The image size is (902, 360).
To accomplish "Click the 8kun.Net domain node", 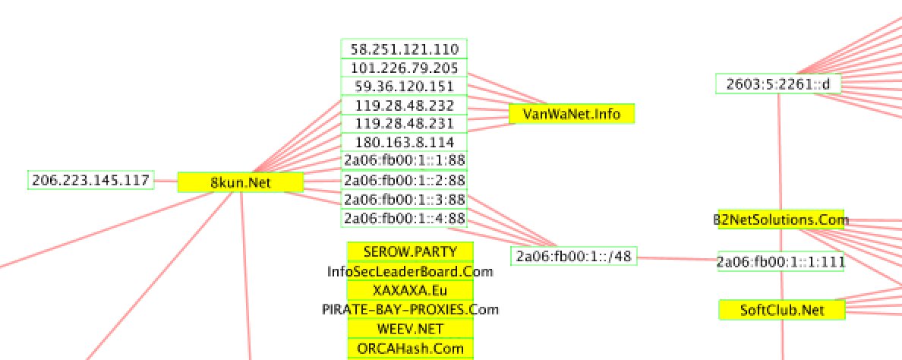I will click(x=241, y=182).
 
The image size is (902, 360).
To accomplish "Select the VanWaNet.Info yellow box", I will click(x=571, y=115).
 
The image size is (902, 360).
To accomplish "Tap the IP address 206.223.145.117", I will click(x=90, y=180).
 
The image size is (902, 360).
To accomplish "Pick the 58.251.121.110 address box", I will click(x=404, y=49).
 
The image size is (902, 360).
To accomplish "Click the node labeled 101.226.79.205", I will click(x=404, y=68).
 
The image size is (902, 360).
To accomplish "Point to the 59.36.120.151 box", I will click(x=404, y=87).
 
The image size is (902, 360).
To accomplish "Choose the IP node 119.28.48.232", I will click(x=404, y=106).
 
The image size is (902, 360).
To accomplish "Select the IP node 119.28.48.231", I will click(x=404, y=124).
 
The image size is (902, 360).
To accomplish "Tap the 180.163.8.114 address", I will click(x=404, y=142).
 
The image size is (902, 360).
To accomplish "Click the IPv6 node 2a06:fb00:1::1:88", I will click(x=404, y=160).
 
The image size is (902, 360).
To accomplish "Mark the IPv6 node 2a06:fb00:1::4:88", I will click(x=404, y=219).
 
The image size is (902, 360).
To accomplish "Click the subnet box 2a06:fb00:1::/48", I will click(x=573, y=256).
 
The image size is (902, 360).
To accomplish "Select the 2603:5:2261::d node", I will click(x=778, y=84).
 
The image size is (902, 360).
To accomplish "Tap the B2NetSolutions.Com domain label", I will click(x=781, y=220).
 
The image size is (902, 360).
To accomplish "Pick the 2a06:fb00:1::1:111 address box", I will click(x=781, y=262).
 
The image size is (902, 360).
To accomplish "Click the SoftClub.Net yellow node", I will click(x=781, y=310).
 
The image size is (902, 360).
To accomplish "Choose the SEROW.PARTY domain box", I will click(x=410, y=251).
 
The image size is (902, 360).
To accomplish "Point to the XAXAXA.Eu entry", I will click(x=410, y=290).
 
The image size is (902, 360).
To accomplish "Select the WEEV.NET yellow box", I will click(x=410, y=329).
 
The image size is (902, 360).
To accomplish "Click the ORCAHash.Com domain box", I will click(x=410, y=349).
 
